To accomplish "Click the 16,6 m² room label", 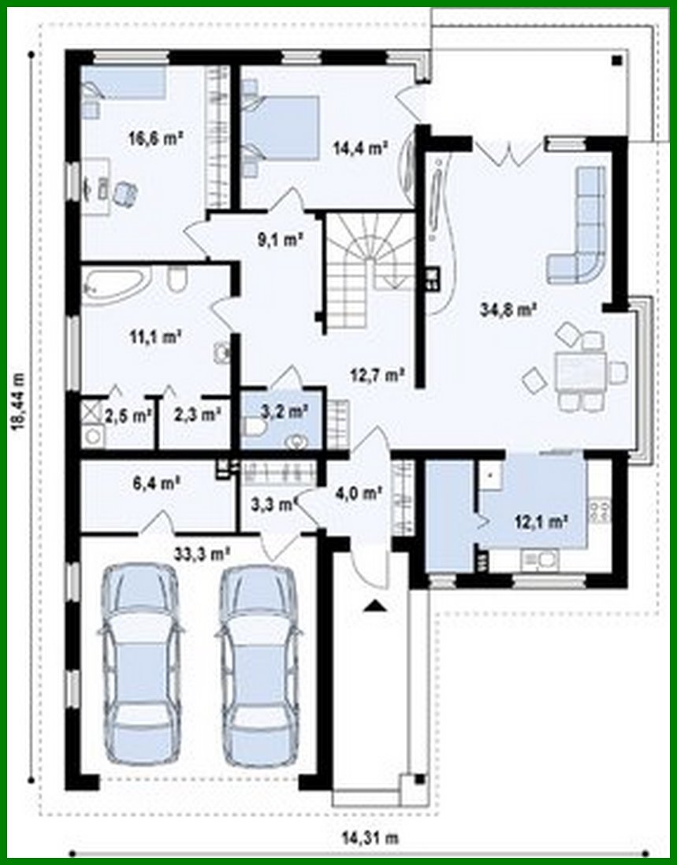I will click(156, 137).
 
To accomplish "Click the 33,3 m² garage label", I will click(203, 552).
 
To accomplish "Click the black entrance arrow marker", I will click(375, 605).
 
